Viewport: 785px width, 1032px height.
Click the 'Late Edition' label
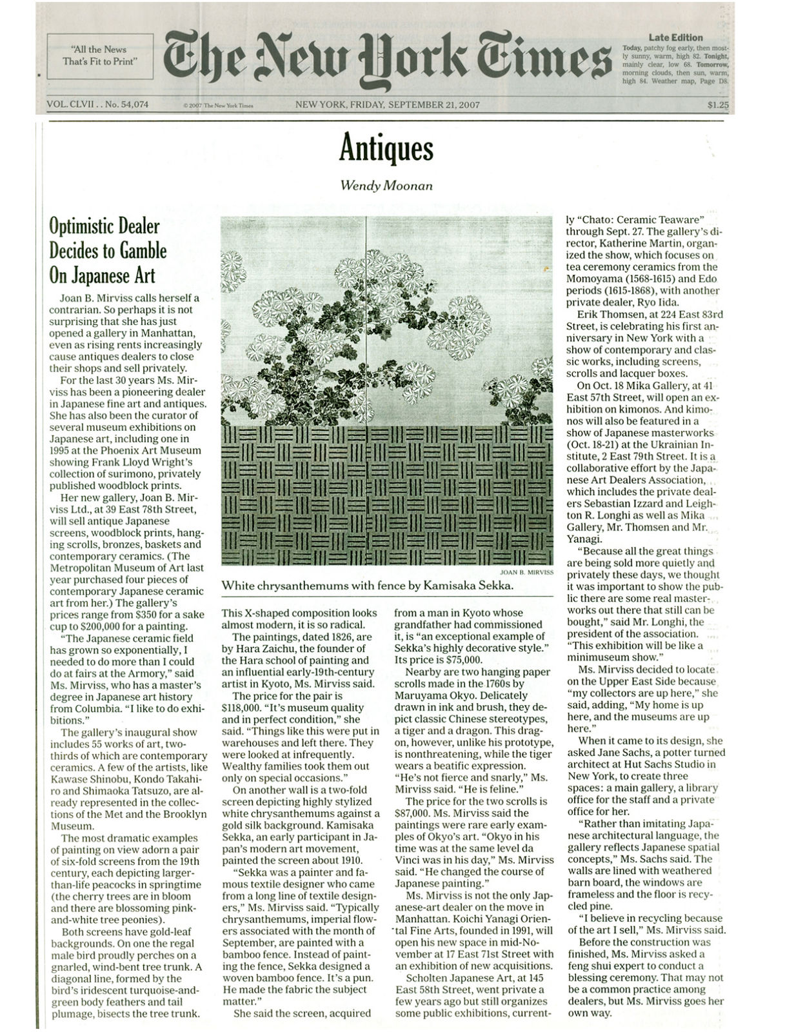(675, 37)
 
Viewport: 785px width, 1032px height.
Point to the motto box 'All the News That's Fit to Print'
(99, 55)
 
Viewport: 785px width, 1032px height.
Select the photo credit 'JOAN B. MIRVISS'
(526, 571)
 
